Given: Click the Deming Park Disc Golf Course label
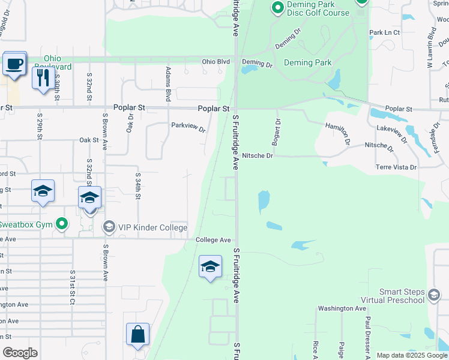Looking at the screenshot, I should click(310, 8).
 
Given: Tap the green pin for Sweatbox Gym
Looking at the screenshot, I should click(62, 224).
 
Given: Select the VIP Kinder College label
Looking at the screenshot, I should click(152, 227).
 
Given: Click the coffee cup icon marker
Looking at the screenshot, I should click(14, 64).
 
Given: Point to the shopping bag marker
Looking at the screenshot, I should click(138, 335).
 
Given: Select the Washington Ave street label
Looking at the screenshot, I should click(342, 308).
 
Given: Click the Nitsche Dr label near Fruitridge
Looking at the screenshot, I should click(258, 156).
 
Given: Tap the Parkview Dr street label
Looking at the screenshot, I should click(188, 126).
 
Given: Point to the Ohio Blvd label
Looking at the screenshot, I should click(216, 62).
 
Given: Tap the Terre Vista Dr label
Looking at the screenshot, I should click(396, 167).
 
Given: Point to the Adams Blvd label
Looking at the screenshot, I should click(169, 83).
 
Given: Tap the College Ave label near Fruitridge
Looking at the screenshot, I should click(213, 240).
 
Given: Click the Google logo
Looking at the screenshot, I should click(20, 353).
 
